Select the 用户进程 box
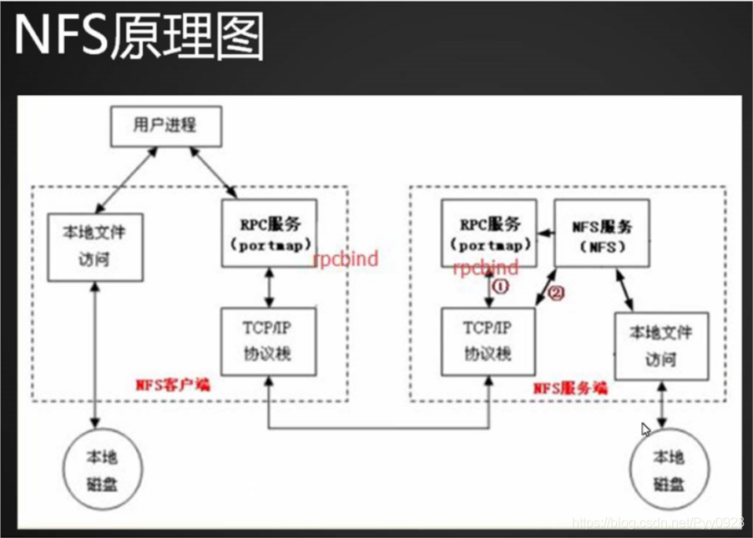[164, 124]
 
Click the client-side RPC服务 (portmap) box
[269, 233]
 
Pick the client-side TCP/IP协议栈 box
[269, 341]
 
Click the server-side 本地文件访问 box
[660, 345]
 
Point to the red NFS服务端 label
[570, 389]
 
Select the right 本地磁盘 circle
[668, 469]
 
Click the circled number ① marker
[503, 285]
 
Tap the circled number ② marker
[557, 293]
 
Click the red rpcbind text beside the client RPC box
[346, 259]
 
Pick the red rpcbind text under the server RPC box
[485, 268]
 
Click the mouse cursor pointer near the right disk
[645, 430]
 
